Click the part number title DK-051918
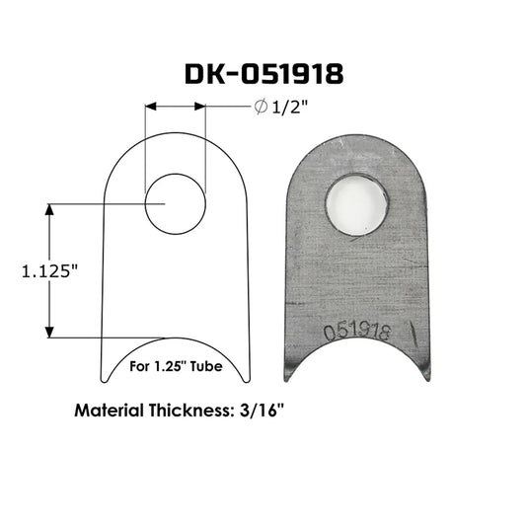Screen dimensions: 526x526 click(x=263, y=75)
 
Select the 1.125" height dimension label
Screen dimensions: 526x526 click(x=49, y=271)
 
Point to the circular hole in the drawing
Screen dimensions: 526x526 click(x=175, y=203)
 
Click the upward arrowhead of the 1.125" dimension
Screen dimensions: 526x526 click(x=47, y=209)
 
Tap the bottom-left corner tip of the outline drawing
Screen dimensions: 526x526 click(x=104, y=379)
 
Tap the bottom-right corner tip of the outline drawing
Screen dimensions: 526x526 click(x=247, y=379)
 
